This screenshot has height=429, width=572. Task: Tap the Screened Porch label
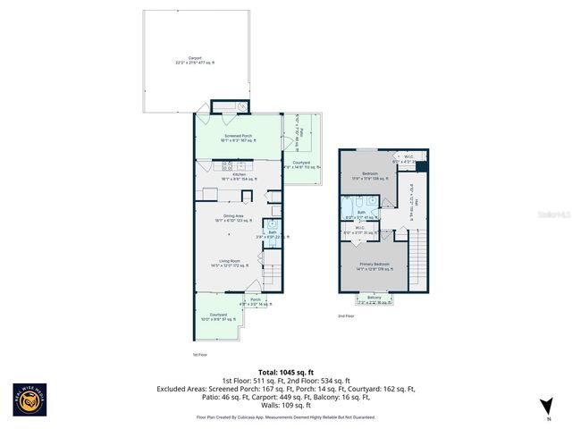(238, 139)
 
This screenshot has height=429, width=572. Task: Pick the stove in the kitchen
(227, 165)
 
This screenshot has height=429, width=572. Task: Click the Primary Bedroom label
(374, 265)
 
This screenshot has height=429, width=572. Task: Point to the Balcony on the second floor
(374, 299)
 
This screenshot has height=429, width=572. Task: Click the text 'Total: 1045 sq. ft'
(285, 372)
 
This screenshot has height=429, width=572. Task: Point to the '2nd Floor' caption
(346, 315)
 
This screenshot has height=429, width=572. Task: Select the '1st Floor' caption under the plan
(200, 355)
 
